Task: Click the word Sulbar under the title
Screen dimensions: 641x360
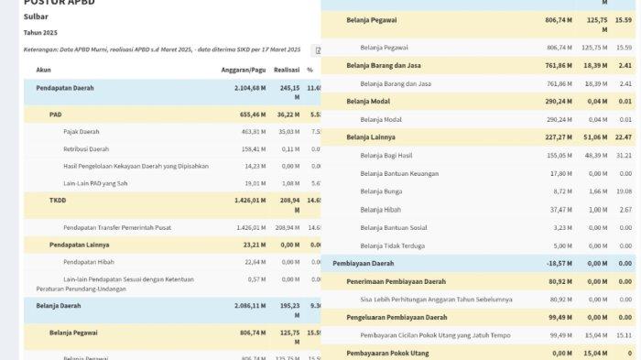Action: pos(36,16)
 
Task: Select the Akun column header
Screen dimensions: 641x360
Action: pos(43,69)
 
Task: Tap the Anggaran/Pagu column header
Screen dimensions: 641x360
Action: pos(242,69)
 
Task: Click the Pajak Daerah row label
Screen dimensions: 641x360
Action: pos(81,132)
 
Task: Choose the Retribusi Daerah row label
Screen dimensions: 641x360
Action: pos(86,149)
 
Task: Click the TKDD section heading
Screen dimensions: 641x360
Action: pos(59,199)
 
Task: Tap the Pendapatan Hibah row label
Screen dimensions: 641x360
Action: pos(89,262)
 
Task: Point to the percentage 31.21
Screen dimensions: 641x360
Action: pos(623,156)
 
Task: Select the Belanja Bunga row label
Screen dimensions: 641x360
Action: pos(381,191)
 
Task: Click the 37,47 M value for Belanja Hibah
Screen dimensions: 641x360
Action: pos(560,210)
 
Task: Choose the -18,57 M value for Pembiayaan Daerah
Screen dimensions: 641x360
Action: pos(559,263)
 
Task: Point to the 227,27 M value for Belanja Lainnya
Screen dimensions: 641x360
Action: pos(559,137)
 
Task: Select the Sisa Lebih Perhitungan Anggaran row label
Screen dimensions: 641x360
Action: pos(436,300)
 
